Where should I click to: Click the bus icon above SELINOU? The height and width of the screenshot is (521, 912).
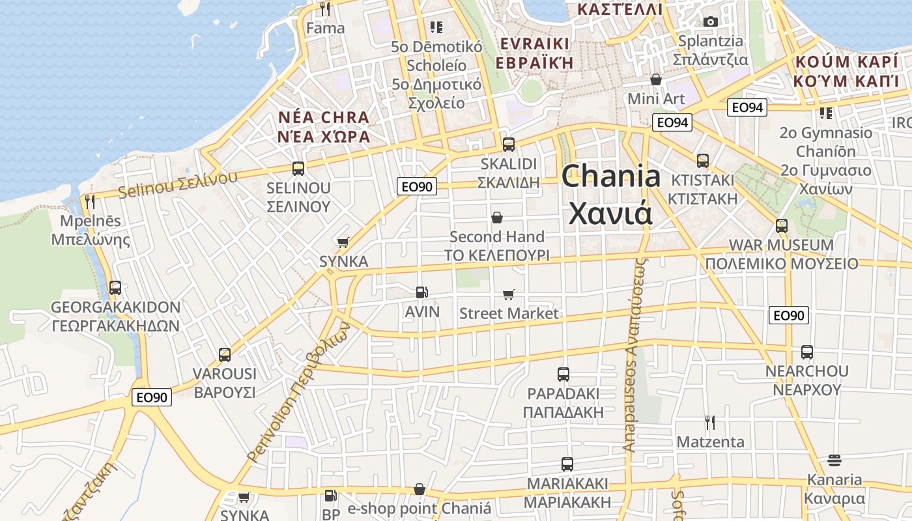tap(298, 169)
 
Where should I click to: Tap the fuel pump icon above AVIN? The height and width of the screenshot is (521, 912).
tap(422, 293)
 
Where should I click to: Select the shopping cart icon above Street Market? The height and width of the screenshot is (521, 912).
tap(509, 295)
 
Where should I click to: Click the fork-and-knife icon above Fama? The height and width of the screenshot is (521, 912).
tap(325, 9)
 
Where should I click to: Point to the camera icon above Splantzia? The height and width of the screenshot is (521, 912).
tap(711, 21)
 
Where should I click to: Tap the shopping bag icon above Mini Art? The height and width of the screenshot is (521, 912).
tap(656, 79)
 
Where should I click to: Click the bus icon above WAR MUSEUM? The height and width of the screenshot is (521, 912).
tap(782, 226)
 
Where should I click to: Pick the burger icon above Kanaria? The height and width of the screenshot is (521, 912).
tap(834, 460)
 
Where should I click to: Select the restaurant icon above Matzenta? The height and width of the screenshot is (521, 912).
tap(710, 423)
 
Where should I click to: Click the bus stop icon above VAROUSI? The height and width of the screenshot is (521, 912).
tap(225, 355)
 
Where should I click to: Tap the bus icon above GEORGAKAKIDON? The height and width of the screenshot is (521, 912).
tap(115, 287)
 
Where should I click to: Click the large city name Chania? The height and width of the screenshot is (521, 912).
tap(611, 176)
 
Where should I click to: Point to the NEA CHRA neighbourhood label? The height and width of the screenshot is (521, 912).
tap(323, 118)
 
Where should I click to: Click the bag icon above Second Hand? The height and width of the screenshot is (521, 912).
tap(497, 218)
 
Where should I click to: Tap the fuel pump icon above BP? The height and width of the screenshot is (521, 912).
tap(331, 496)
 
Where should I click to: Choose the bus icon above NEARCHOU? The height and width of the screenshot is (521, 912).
tap(807, 352)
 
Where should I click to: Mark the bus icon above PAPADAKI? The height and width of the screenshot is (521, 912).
tap(563, 374)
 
